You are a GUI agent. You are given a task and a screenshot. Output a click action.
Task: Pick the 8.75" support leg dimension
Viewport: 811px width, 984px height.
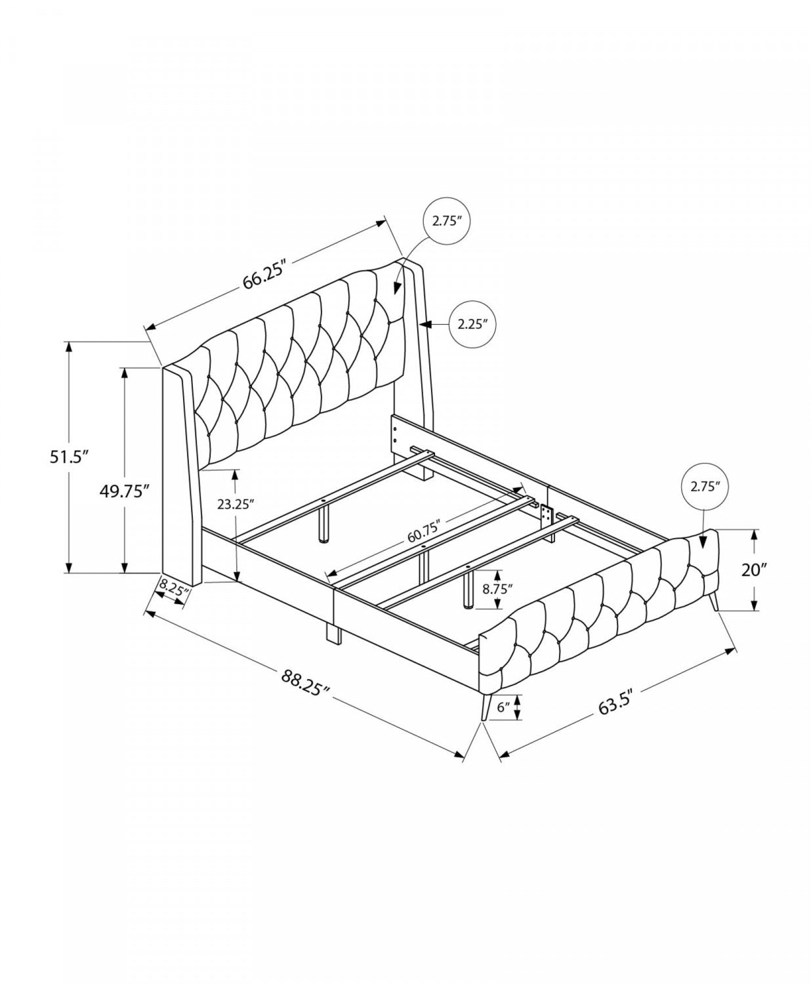(x=497, y=588)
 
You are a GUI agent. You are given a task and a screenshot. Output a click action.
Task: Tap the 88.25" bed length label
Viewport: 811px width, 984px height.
(x=304, y=681)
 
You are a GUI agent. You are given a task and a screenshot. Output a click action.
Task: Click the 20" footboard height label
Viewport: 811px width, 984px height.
(x=754, y=569)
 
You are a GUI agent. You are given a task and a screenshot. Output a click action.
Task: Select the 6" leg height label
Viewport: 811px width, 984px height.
(x=503, y=707)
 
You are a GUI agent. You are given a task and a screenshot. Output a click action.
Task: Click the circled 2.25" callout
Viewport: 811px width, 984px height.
(x=471, y=323)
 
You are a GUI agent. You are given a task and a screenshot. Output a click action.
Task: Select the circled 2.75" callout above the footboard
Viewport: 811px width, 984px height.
(x=705, y=486)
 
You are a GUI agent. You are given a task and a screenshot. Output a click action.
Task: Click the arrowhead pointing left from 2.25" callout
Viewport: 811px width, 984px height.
(x=425, y=323)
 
